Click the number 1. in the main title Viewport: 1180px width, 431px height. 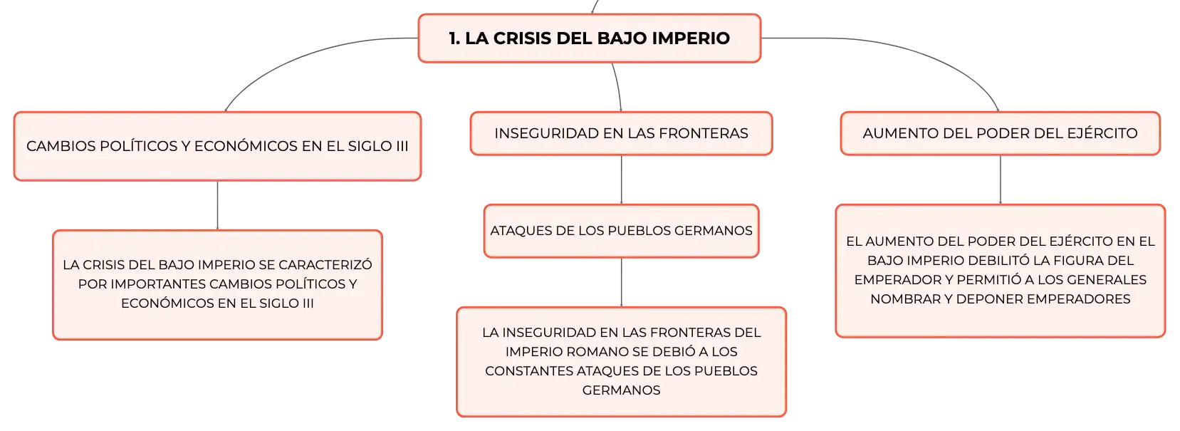point(454,38)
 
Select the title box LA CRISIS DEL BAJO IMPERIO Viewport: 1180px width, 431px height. point(590,38)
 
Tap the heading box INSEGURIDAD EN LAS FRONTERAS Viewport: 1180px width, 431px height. point(621,133)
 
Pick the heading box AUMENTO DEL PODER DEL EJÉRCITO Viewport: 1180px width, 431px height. point(1000,133)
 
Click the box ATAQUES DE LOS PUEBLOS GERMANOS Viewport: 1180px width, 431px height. point(621,231)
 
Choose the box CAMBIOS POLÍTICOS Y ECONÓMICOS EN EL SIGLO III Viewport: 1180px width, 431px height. point(218,146)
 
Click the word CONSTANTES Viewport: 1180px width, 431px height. point(529,371)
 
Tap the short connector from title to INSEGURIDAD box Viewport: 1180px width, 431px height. point(618,87)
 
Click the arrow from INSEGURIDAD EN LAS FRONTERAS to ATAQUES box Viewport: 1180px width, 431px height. point(621,180)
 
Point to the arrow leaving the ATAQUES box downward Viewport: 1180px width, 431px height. point(621,282)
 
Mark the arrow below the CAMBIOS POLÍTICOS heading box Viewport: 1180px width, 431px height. point(218,205)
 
